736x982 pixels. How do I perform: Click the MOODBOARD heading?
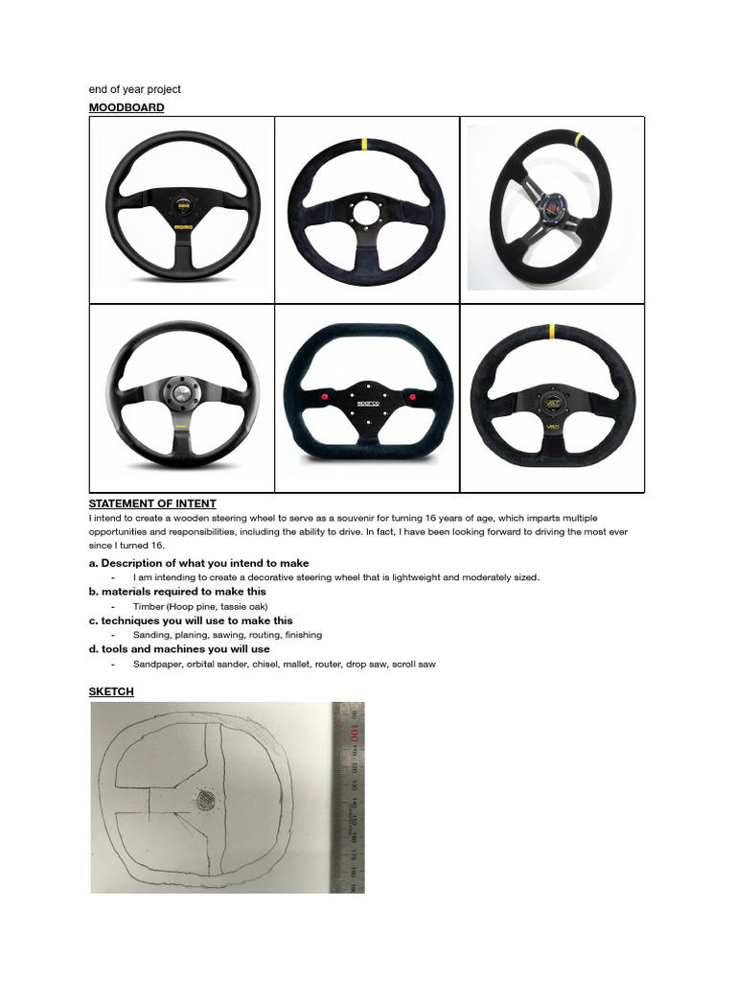[126, 107]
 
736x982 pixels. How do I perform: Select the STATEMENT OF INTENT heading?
[152, 503]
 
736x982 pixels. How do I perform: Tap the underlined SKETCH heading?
[111, 691]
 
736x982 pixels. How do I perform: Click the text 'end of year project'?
[135, 89]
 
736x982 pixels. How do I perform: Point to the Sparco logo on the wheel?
[368, 405]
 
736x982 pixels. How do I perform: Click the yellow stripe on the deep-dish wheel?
[579, 137]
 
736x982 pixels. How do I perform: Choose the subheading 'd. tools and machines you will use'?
[179, 649]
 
